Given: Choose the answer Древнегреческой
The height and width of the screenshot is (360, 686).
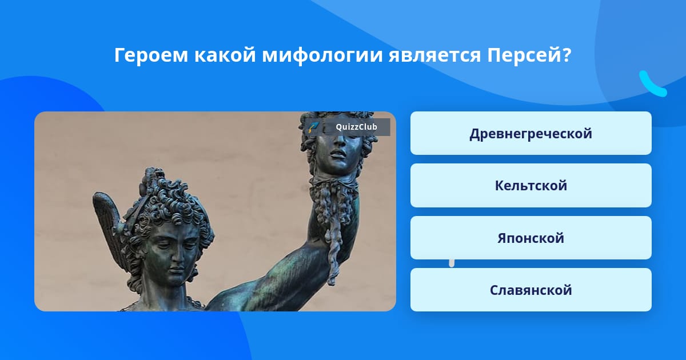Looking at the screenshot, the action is coord(531,134).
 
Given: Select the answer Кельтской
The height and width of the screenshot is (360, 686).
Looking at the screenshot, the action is coord(531,186).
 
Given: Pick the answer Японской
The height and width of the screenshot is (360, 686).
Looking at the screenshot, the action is coord(531,238).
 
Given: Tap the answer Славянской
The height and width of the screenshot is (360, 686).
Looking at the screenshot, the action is coord(531,290).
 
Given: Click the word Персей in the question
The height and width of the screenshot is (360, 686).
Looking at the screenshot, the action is coord(529,55).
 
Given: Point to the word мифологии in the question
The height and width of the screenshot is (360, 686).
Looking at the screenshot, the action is coord(322,56).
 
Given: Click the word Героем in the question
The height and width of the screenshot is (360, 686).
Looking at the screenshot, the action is coord(151,56).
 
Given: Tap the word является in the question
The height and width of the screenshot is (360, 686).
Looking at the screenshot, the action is coord(434,56).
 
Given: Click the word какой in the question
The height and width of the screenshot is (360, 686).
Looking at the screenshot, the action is coord(225,55).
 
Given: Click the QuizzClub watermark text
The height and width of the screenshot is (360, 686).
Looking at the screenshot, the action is coord(356,127).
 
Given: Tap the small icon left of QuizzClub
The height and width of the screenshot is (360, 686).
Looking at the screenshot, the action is coord(313,127).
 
